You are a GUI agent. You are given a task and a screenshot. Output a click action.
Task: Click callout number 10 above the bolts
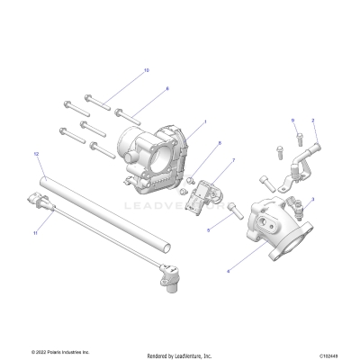tap(147, 69)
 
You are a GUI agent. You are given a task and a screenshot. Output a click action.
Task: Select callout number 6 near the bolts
tap(166, 89)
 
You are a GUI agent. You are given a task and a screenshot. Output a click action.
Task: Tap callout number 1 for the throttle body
tap(205, 121)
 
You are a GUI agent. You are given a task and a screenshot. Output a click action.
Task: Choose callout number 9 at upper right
tap(267, 120)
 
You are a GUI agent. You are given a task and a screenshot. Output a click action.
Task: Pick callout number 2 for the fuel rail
tap(313, 120)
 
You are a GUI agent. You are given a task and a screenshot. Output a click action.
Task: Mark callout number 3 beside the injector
tap(312, 199)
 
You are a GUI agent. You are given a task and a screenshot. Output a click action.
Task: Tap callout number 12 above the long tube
tap(36, 154)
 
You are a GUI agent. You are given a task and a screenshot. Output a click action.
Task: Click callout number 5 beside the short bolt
tap(208, 230)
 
